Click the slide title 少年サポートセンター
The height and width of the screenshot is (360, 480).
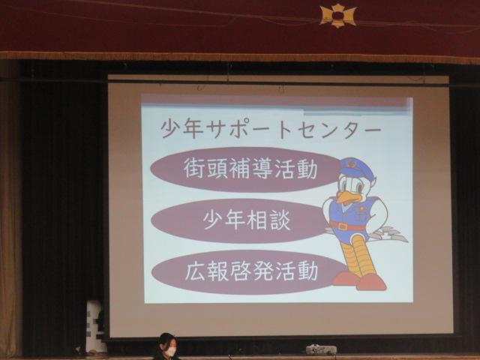271,129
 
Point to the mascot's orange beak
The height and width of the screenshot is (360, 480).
347,197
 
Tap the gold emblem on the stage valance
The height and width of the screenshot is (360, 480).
337,15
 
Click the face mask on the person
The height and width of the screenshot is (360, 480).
170,351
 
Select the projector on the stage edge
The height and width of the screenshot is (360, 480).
321,349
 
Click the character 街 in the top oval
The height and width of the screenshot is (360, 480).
194,169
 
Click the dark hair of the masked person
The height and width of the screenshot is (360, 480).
166,340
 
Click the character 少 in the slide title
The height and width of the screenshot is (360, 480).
172,129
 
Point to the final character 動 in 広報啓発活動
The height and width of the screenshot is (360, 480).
307,271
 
